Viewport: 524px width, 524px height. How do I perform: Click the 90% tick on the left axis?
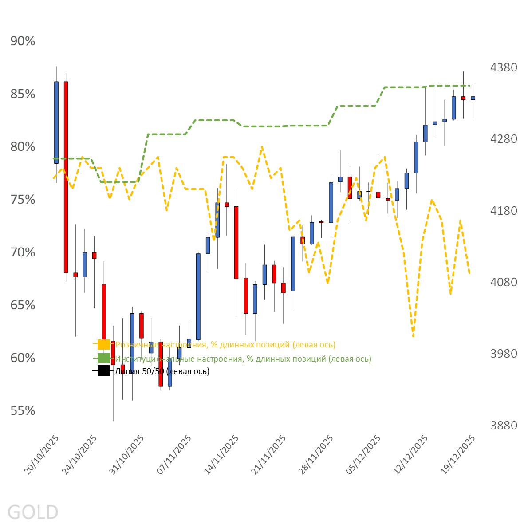tap(23, 41)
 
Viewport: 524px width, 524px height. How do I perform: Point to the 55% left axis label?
tap(23, 411)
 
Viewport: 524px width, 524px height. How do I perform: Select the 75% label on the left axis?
tap(23, 200)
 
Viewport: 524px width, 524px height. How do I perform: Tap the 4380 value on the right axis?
tap(504, 67)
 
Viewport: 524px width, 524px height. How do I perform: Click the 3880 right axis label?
tap(504, 426)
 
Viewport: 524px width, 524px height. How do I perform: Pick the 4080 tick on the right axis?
tap(504, 282)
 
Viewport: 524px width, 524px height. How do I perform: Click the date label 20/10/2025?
tap(42, 455)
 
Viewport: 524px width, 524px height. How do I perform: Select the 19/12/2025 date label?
tap(458, 455)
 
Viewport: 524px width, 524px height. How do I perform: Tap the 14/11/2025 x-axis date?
tap(221, 455)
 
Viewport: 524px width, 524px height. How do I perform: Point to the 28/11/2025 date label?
tap(316, 455)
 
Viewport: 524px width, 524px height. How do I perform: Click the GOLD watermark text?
tap(33, 512)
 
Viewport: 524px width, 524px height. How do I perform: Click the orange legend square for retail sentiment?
tap(103, 344)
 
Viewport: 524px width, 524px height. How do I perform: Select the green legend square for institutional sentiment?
tap(103, 359)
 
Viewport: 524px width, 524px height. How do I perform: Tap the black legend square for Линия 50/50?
tap(103, 371)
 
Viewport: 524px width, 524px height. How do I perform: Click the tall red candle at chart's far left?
tap(66, 177)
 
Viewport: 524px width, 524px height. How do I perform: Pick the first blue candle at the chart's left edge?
tap(56, 122)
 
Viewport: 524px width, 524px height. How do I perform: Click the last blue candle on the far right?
tap(473, 98)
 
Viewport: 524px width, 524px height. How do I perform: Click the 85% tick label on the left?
tap(23, 94)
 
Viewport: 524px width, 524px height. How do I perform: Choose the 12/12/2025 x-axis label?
tap(411, 455)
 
